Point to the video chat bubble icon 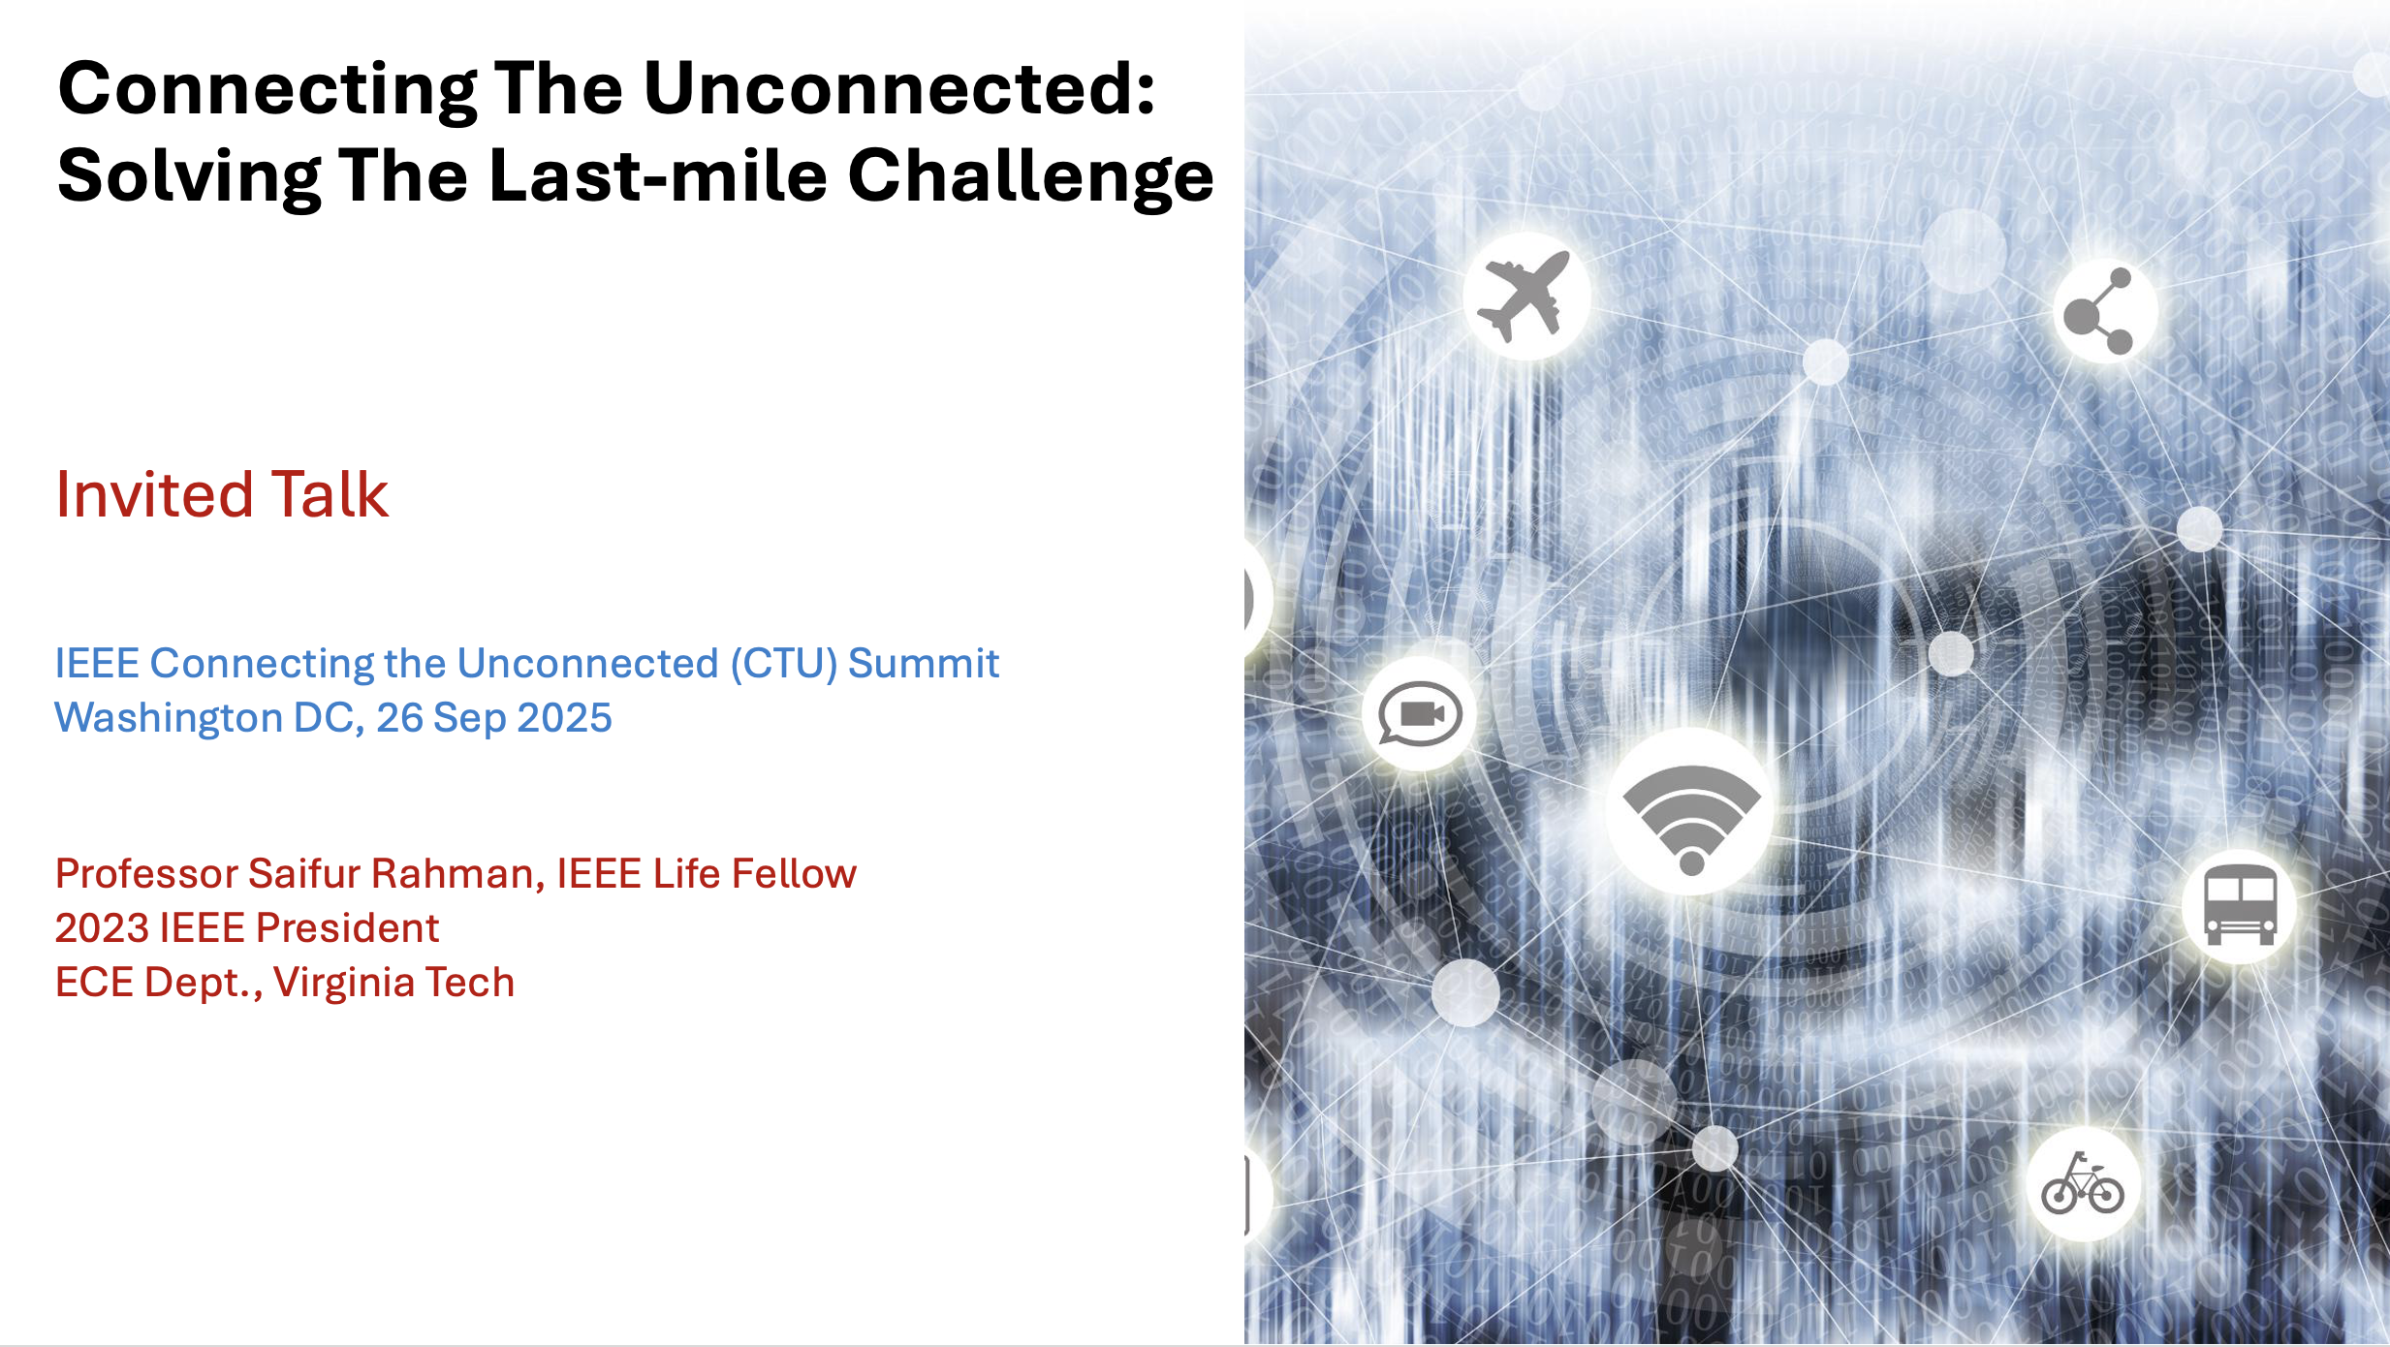point(1420,714)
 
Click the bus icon point(2240,905)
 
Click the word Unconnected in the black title point(899,89)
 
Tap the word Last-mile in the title point(658,176)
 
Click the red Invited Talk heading point(222,494)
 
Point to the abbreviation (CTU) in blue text point(783,664)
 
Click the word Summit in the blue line point(924,664)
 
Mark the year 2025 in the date point(564,718)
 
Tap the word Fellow point(794,873)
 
